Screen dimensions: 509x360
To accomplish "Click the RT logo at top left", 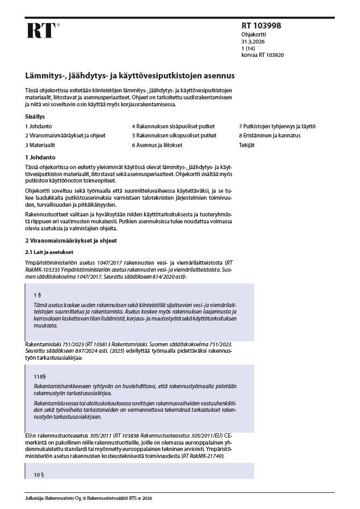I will tap(41, 31).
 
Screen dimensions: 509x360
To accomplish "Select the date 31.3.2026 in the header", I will tap(253, 41).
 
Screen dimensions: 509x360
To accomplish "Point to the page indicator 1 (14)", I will tap(249, 48).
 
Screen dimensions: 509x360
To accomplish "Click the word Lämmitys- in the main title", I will tap(44, 76).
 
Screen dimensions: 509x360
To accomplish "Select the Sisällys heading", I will tap(35, 116).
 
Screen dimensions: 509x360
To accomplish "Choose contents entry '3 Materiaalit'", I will tap(40, 145).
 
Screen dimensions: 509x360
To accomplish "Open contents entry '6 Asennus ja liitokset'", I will tap(157, 145).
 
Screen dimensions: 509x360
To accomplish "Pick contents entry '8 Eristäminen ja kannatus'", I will tap(269, 135).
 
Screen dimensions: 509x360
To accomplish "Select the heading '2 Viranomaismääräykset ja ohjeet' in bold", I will tap(71, 241).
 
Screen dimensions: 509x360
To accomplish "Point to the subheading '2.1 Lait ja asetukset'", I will tap(49, 252).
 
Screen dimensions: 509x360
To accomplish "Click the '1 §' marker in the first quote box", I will tap(37, 295).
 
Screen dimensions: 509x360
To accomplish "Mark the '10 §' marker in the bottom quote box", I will tap(38, 474).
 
